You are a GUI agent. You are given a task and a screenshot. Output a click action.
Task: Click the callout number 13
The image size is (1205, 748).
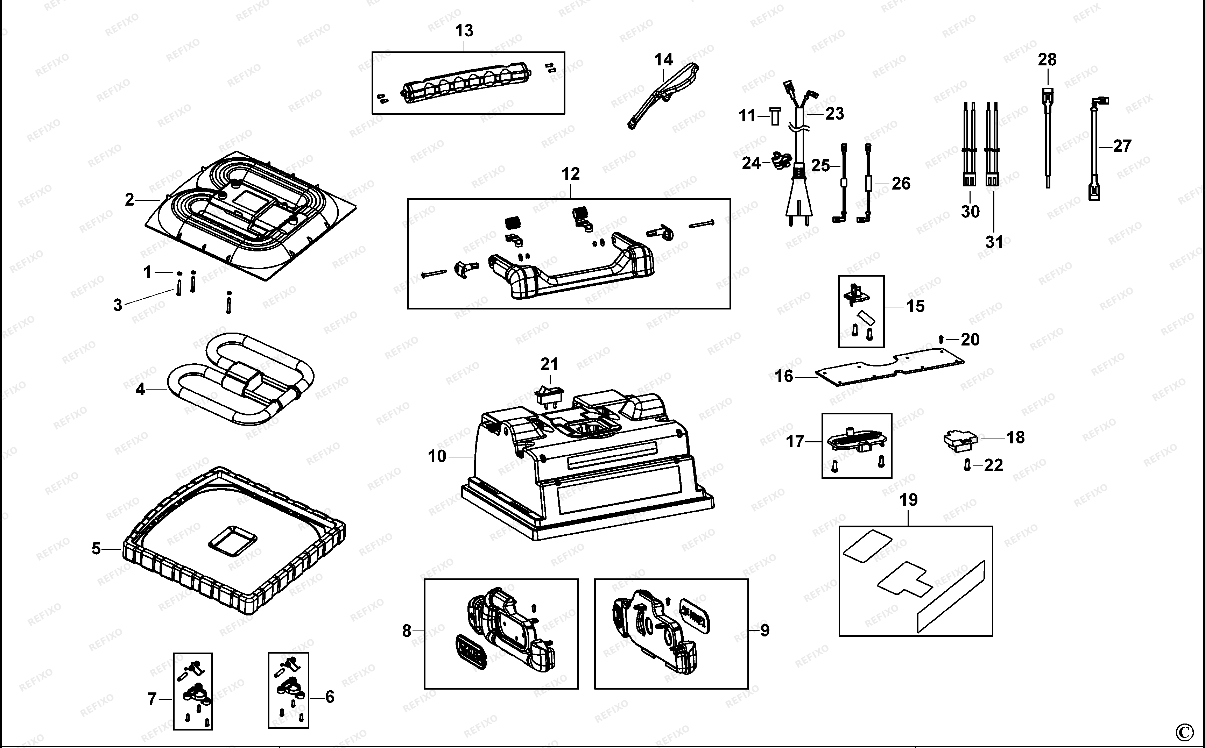pyautogui.click(x=464, y=31)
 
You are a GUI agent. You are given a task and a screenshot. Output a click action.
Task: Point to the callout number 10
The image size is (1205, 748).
pyautogui.click(x=437, y=456)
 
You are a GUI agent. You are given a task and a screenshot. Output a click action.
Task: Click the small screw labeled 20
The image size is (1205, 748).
pyautogui.click(x=941, y=339)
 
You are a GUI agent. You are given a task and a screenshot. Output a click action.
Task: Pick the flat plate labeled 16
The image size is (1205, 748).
pyautogui.click(x=889, y=365)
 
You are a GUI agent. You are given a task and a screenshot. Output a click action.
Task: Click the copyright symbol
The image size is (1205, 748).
pyautogui.click(x=1193, y=732)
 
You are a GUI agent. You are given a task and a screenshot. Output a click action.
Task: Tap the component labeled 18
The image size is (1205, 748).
pyautogui.click(x=960, y=441)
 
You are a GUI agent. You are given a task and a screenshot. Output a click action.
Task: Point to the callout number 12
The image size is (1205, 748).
pyautogui.click(x=571, y=174)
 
